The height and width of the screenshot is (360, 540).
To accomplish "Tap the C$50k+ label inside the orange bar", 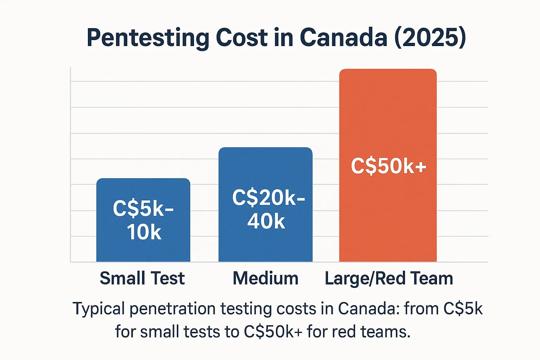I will pos(388,166).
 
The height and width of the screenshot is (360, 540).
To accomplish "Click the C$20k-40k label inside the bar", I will pos(268,210).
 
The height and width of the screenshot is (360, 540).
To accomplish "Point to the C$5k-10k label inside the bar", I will pos(143,220).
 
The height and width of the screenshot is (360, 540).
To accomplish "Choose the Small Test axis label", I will pos(142,278).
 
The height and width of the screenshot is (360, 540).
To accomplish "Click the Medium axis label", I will pos(265,278).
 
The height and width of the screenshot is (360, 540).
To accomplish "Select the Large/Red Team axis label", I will pos(389,278).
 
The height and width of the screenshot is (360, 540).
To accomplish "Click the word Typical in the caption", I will pos(98,309).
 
